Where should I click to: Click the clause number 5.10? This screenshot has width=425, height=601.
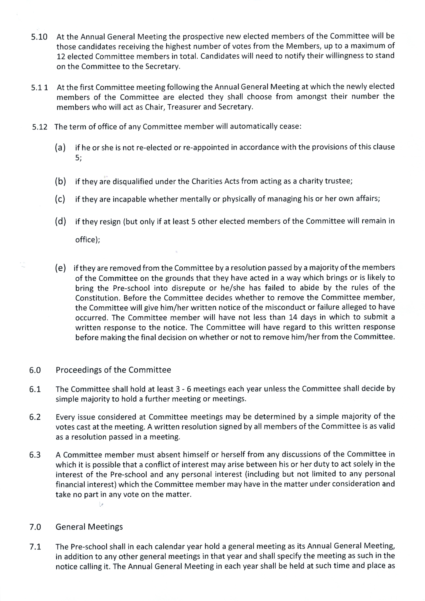click(39, 37)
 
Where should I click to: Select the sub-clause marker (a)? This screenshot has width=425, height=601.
click(60, 148)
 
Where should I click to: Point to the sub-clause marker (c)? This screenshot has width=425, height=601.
click(60, 199)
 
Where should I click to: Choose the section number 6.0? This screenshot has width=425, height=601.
click(35, 370)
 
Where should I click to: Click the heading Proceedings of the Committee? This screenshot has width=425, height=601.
click(113, 370)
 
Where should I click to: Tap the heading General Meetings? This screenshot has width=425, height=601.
click(89, 527)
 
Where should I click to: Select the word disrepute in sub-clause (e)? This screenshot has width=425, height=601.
click(188, 288)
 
